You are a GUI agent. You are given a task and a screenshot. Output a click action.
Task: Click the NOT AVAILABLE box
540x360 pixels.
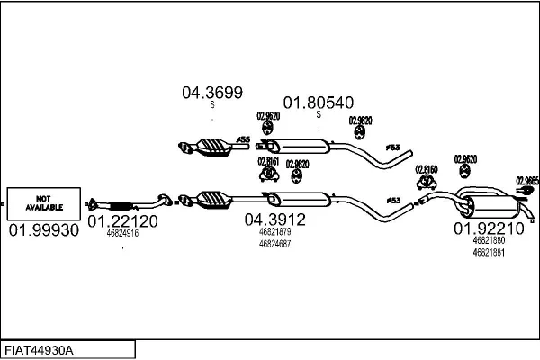44,202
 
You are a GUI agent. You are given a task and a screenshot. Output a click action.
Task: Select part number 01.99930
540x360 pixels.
44,230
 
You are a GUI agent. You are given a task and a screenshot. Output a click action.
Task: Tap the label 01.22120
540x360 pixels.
123,220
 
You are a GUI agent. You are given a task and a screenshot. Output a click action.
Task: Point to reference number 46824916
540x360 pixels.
122,233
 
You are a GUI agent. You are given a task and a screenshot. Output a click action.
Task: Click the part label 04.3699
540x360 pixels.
212,92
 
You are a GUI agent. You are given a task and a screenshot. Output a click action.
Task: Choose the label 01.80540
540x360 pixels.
318,103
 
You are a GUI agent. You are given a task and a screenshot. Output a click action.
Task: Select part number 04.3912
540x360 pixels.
274,219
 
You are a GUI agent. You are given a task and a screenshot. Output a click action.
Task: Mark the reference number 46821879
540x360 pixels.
274,231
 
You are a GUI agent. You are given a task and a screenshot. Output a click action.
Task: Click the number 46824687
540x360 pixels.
274,244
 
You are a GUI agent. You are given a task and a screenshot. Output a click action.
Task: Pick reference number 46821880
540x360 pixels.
489,241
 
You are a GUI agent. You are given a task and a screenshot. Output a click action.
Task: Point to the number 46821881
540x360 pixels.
489,253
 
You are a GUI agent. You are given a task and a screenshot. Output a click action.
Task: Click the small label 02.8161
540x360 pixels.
268,163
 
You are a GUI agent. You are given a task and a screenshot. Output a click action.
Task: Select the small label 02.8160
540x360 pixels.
426,169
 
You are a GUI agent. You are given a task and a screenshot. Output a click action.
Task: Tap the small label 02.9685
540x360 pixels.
527,180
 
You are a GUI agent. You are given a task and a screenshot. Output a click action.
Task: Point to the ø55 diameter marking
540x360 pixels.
242,139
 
